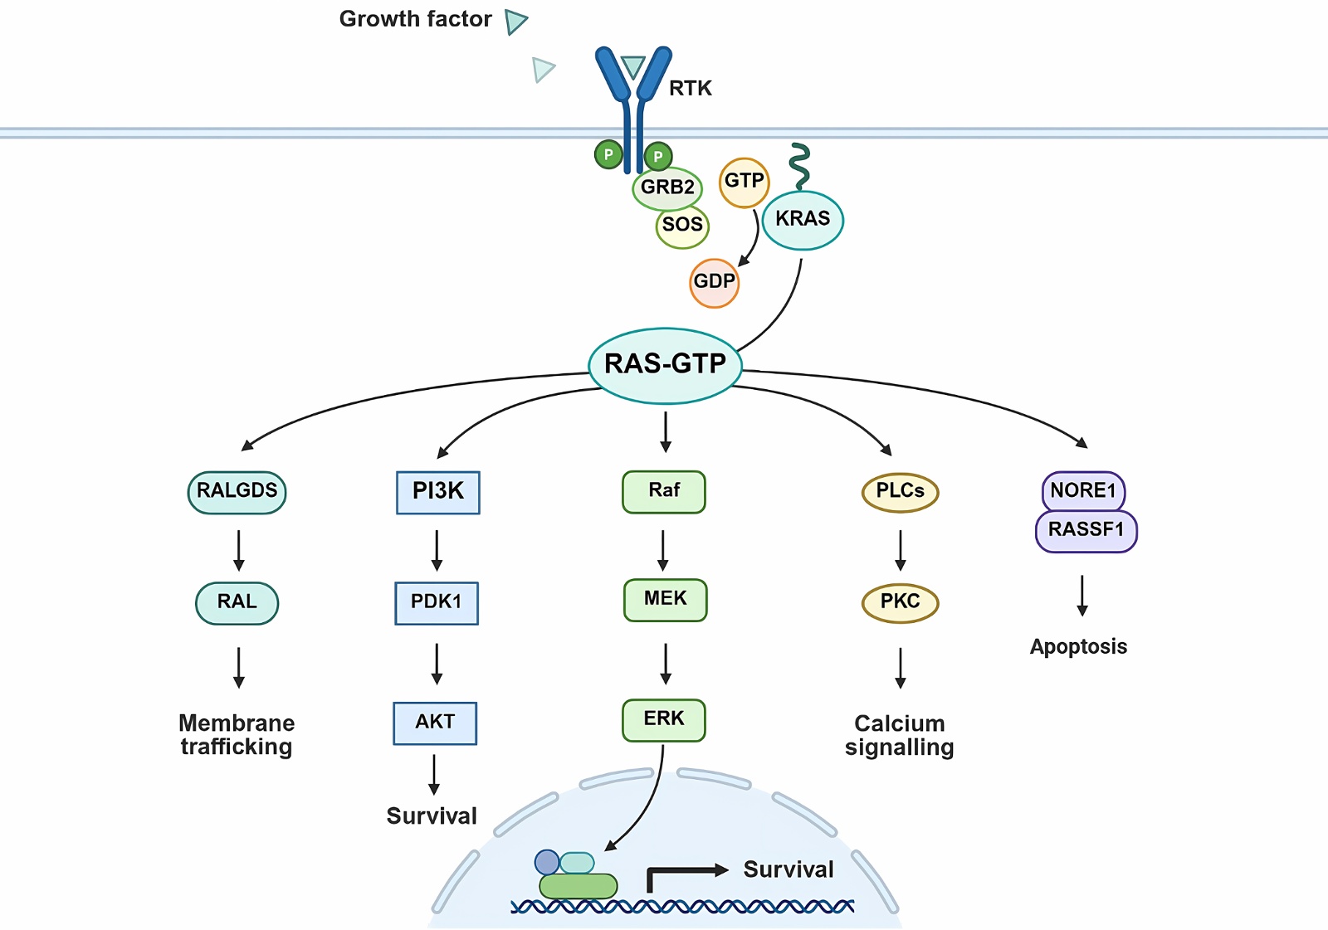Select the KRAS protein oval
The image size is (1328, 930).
click(x=803, y=219)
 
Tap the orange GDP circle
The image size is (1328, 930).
click(x=714, y=282)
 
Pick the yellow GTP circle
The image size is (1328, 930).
click(x=744, y=182)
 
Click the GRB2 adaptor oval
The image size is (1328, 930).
click(x=666, y=187)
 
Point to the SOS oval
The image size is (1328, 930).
click(x=682, y=225)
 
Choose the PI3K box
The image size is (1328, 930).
click(x=438, y=492)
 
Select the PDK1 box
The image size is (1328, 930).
click(x=437, y=602)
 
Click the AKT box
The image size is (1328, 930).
click(x=435, y=723)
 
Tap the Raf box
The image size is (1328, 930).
click(x=664, y=491)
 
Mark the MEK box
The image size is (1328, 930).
click(x=665, y=599)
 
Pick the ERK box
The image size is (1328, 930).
click(x=664, y=719)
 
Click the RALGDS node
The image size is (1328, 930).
click(x=237, y=491)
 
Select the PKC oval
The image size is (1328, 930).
click(x=900, y=602)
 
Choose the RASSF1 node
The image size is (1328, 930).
click(x=1086, y=531)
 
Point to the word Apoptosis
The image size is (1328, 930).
click(x=1078, y=647)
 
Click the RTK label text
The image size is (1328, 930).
click(x=691, y=89)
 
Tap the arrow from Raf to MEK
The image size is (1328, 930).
click(x=662, y=550)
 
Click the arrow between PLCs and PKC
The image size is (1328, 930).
click(x=901, y=550)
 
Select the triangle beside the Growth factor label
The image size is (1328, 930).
click(x=515, y=22)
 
